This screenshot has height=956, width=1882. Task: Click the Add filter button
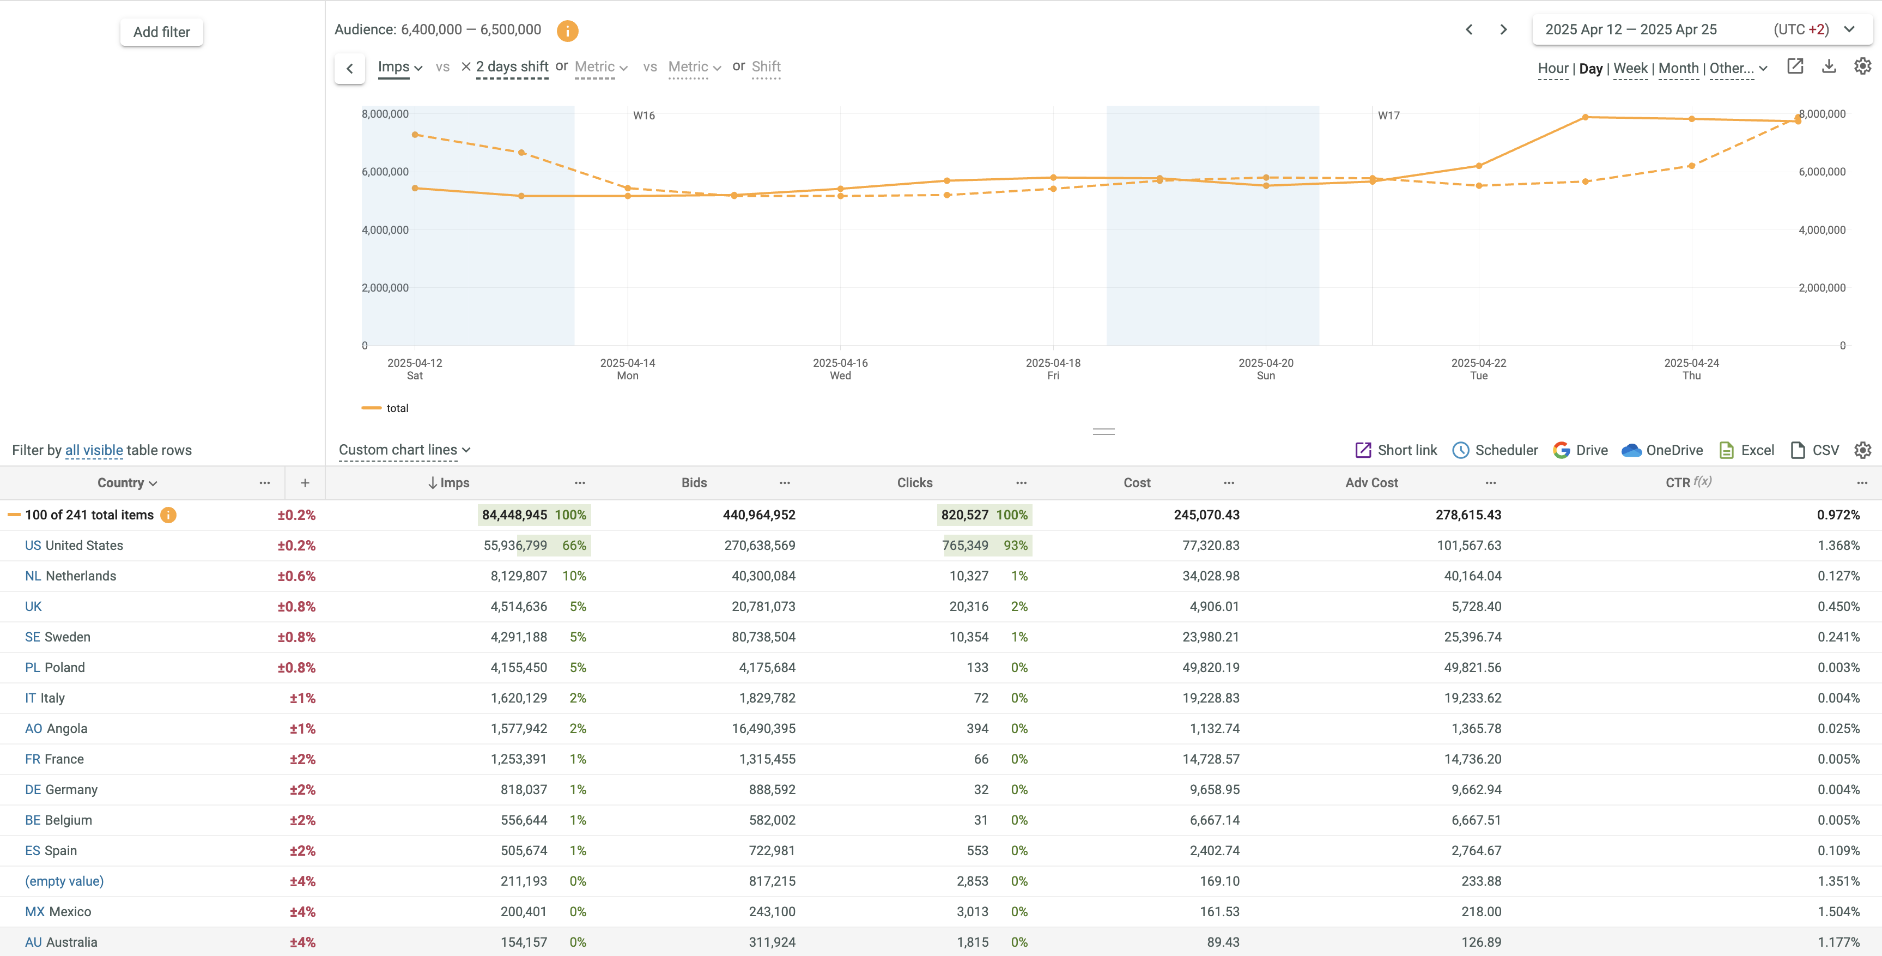161,32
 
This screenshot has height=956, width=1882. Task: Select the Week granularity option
1630,69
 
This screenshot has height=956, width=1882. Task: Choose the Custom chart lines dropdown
404,450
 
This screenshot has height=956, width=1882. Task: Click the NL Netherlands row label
71,576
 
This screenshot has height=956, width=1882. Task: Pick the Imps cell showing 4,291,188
518,637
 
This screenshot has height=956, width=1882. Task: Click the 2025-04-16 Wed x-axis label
840,369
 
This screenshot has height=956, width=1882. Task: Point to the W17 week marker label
1388,116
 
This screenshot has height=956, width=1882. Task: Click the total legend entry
397,409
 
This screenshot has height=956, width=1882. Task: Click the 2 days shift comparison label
512,67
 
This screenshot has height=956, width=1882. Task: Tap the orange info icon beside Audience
567,31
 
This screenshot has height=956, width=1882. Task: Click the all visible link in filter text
94,450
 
